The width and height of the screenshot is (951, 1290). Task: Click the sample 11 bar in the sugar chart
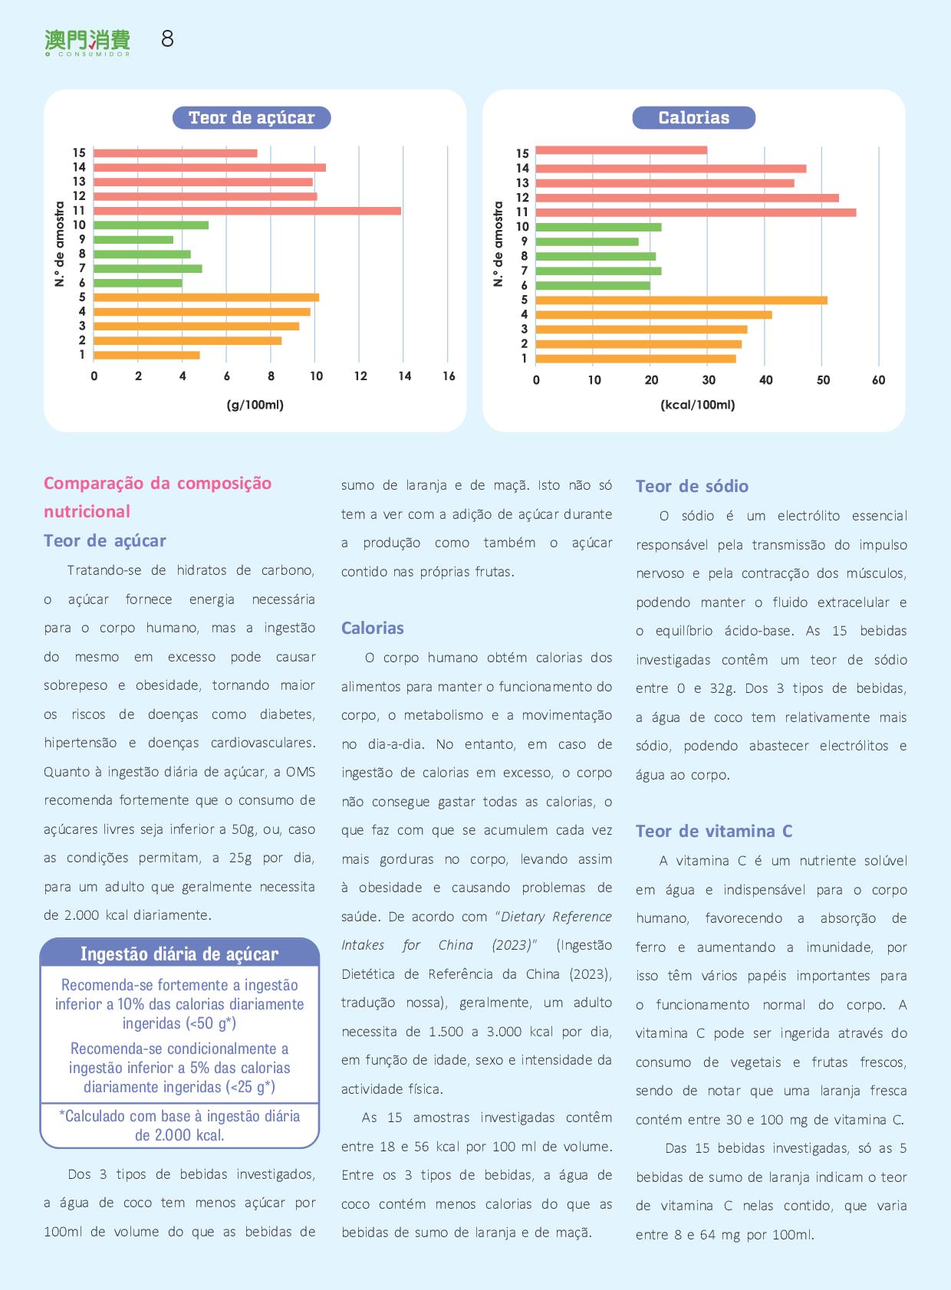tap(247, 211)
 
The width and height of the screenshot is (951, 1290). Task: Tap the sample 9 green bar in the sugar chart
tap(133, 240)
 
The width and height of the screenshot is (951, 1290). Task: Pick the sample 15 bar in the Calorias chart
tap(621, 151)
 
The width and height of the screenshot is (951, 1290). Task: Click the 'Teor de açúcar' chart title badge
tap(252, 118)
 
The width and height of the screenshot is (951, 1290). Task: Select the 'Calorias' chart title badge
tap(693, 118)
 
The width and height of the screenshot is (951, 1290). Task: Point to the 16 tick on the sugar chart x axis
tap(449, 376)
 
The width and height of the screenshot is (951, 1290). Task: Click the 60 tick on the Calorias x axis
tap(878, 380)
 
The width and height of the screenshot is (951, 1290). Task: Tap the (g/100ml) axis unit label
tap(255, 405)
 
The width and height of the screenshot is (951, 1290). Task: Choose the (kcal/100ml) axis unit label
tap(697, 405)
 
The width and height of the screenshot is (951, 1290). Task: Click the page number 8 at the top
tap(167, 39)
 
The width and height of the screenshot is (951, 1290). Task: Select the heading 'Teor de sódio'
tap(692, 486)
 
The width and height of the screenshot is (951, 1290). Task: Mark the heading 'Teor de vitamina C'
tap(714, 831)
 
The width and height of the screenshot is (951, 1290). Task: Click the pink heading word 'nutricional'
tap(87, 511)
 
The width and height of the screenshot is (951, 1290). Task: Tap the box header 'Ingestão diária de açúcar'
tap(179, 954)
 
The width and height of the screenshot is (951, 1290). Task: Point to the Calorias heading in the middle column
tap(373, 628)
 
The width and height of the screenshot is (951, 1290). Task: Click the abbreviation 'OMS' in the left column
tap(301, 772)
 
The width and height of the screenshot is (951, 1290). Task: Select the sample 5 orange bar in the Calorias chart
tap(681, 300)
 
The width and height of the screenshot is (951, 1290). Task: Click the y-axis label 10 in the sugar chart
tap(79, 225)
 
